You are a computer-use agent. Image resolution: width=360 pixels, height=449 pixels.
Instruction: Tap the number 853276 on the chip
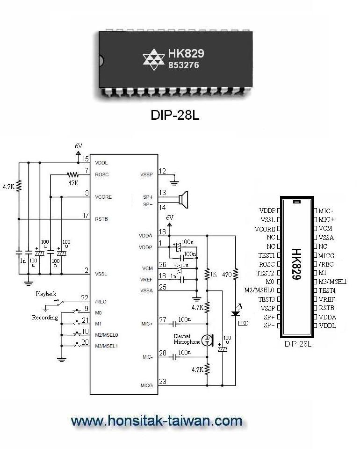[x=183, y=65]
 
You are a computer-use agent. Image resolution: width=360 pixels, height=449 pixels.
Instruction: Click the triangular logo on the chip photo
[x=153, y=59]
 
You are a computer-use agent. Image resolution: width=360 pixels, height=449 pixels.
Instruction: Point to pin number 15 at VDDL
[x=86, y=159]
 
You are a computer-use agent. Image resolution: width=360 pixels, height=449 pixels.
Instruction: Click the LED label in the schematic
[x=243, y=323]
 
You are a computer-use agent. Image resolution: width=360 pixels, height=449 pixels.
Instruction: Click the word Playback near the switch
[x=46, y=294]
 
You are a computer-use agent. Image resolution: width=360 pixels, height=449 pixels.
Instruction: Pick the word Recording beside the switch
[x=45, y=318]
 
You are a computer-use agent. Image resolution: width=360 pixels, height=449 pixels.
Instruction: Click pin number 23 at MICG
[x=162, y=381]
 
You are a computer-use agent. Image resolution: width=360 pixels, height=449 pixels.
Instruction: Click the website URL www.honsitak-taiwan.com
[x=157, y=421]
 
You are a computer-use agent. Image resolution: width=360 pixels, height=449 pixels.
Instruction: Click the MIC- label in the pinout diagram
[x=326, y=211]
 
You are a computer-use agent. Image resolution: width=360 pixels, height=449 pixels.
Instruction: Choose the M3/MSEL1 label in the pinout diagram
[x=332, y=282]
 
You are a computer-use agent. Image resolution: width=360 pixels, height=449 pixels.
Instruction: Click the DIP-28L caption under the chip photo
[x=175, y=115]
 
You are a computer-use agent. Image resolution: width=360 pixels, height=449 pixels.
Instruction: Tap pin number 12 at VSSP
[x=162, y=171]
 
